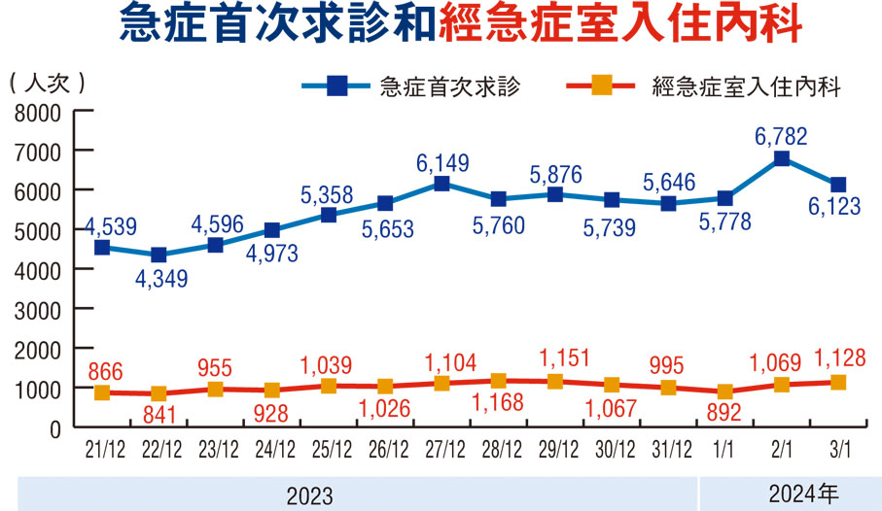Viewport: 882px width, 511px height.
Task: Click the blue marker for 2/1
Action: (x=781, y=159)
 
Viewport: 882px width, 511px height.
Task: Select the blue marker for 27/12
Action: (x=441, y=184)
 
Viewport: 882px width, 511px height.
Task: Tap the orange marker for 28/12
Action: (x=498, y=381)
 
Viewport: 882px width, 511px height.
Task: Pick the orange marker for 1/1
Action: (x=724, y=392)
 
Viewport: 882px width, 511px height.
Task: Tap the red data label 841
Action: (x=159, y=415)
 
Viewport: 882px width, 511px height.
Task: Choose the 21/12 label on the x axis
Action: (x=103, y=449)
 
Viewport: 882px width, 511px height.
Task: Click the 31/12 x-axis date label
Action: (x=669, y=449)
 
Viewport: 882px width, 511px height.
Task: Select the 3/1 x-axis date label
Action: (x=837, y=449)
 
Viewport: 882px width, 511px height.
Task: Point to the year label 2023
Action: (x=309, y=495)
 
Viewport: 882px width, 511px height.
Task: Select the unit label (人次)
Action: (x=48, y=83)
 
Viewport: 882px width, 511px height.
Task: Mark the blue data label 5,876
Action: (x=555, y=175)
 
